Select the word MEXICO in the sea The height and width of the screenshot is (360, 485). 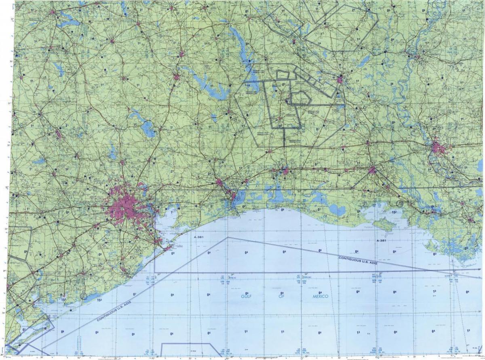(320, 297)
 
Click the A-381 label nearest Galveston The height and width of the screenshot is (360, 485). (199, 237)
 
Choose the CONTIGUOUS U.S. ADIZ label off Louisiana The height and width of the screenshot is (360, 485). (358, 260)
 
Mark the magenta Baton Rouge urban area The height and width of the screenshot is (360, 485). (439, 148)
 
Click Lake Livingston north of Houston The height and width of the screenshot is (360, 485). (148, 129)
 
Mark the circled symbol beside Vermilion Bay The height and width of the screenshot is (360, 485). (399, 203)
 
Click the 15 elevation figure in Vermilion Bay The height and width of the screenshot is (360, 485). (393, 212)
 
